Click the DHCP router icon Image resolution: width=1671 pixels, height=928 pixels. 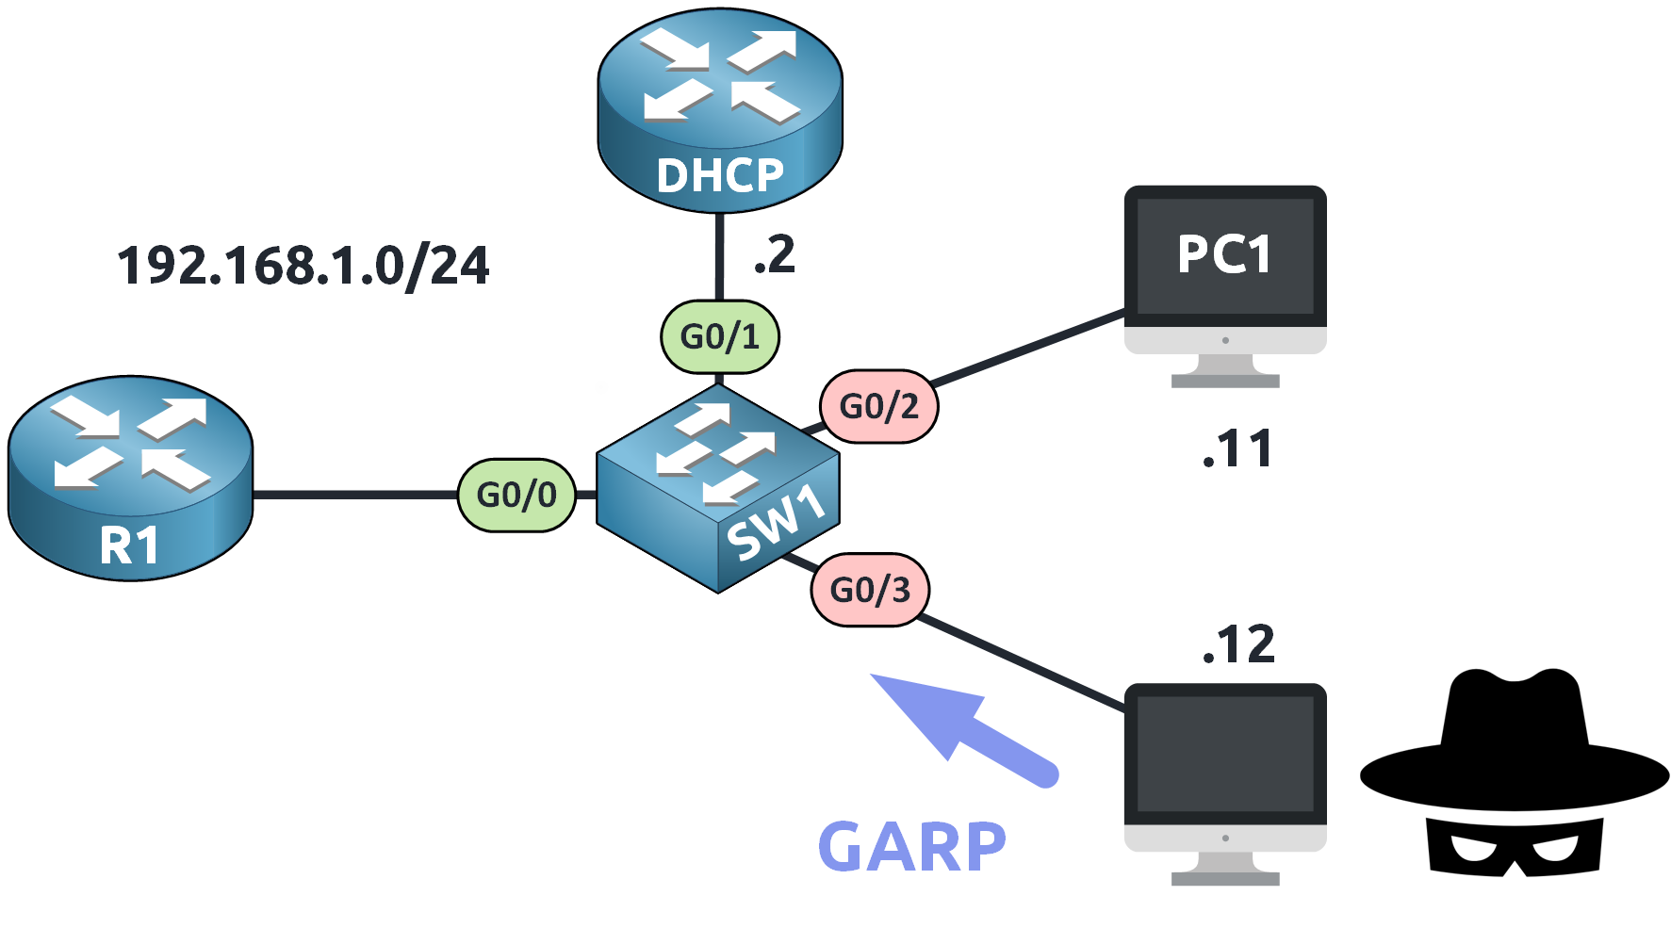click(719, 108)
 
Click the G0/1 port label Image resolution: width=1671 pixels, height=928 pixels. click(720, 336)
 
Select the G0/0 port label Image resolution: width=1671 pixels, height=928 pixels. click(516, 495)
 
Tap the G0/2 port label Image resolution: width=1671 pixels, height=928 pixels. click(878, 406)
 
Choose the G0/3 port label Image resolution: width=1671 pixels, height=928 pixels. click(870, 590)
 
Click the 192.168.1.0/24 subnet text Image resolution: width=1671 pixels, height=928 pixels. click(303, 266)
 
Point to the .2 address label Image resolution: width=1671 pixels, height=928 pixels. click(775, 255)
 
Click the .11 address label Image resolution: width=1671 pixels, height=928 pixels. click(1237, 449)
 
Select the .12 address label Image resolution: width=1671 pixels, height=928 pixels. click(1238, 645)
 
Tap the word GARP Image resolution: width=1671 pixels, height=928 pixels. click(911, 847)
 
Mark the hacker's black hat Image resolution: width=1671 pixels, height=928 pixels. click(1514, 744)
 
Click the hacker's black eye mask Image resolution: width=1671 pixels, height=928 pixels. click(1514, 845)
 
